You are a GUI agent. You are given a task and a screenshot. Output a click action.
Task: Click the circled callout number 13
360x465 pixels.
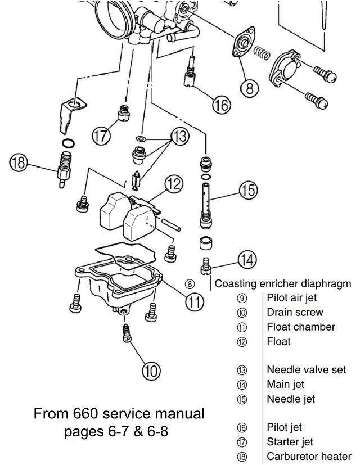(x=179, y=137)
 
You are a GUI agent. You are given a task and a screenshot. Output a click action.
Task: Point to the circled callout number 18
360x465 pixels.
(x=19, y=164)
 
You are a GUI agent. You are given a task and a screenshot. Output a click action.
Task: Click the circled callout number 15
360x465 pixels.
(x=248, y=190)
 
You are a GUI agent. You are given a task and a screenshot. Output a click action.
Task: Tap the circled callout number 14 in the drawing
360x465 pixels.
(x=247, y=260)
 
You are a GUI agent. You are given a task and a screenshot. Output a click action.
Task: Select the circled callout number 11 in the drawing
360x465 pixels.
(x=195, y=302)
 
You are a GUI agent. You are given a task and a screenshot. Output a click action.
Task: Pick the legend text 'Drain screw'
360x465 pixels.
(x=295, y=313)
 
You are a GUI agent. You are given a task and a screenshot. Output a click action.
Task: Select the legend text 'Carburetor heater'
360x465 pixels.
(x=309, y=456)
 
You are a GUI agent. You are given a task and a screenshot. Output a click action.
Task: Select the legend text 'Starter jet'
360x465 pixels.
(x=290, y=442)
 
